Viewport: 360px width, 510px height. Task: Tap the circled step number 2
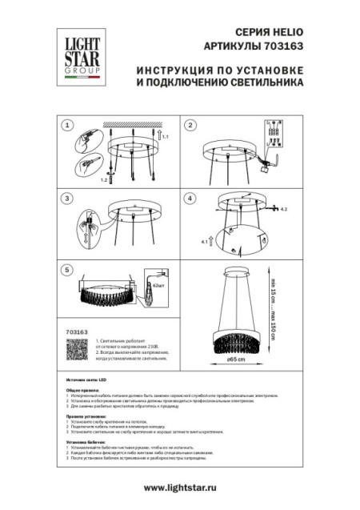(190, 126)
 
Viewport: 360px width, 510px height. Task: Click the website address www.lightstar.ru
(180, 487)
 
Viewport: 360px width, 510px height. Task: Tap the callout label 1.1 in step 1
(166, 139)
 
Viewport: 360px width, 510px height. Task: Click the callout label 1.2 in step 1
(103, 181)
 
